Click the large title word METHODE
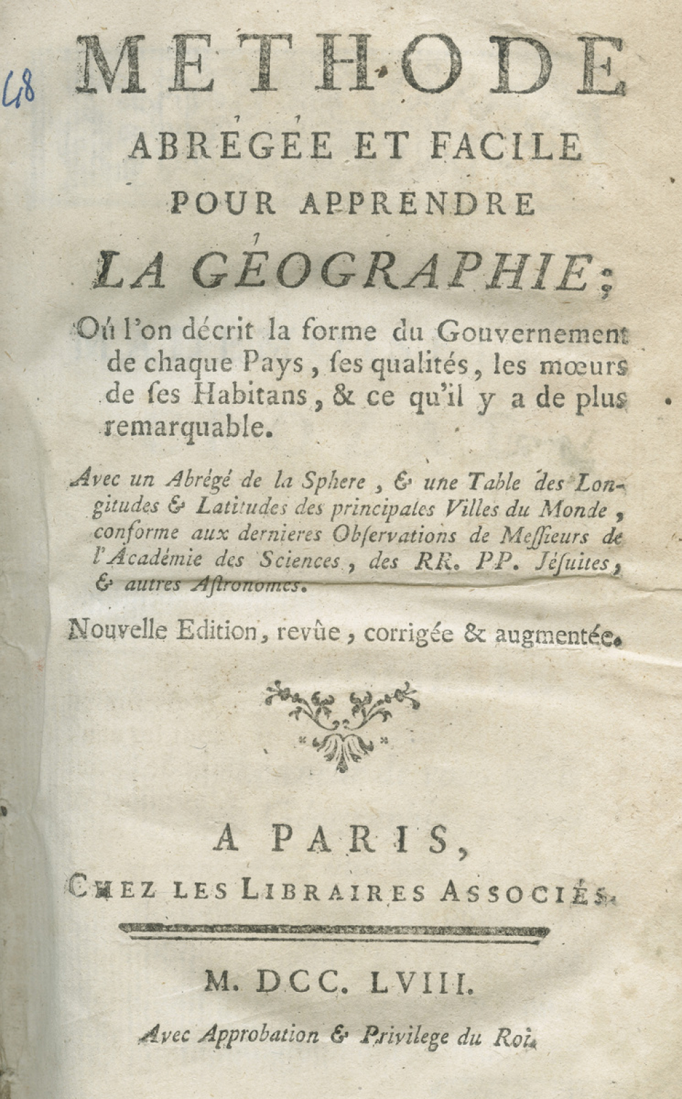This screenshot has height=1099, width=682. [x=351, y=66]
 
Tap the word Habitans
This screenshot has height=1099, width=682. [x=250, y=396]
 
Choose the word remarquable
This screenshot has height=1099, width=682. [x=184, y=428]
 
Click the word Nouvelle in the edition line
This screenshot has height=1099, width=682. [x=117, y=631]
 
